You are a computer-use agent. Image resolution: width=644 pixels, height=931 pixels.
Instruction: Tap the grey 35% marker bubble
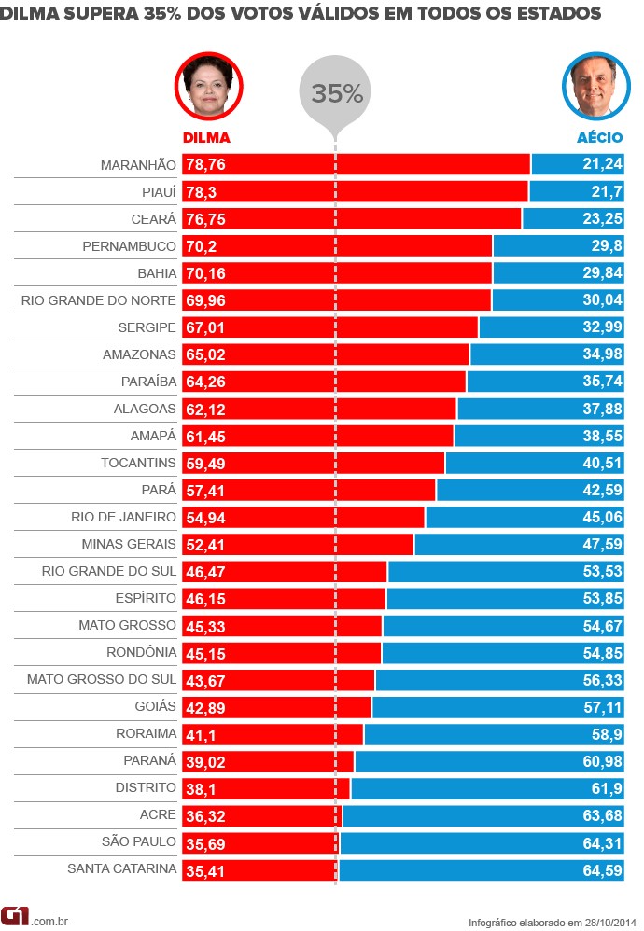coord(336,93)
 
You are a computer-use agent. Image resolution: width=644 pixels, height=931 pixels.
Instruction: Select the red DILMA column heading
coord(206,137)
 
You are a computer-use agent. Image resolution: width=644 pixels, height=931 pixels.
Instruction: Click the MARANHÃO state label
coord(138,165)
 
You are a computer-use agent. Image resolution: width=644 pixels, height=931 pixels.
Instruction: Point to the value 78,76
coord(206,165)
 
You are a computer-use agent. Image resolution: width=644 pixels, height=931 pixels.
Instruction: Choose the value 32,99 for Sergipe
coord(604,327)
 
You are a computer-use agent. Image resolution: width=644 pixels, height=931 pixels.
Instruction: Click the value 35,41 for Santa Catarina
coord(206,869)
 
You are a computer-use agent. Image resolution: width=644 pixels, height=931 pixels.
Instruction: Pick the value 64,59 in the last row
coord(604,869)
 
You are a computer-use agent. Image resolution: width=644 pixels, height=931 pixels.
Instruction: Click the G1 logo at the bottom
coord(16,916)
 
